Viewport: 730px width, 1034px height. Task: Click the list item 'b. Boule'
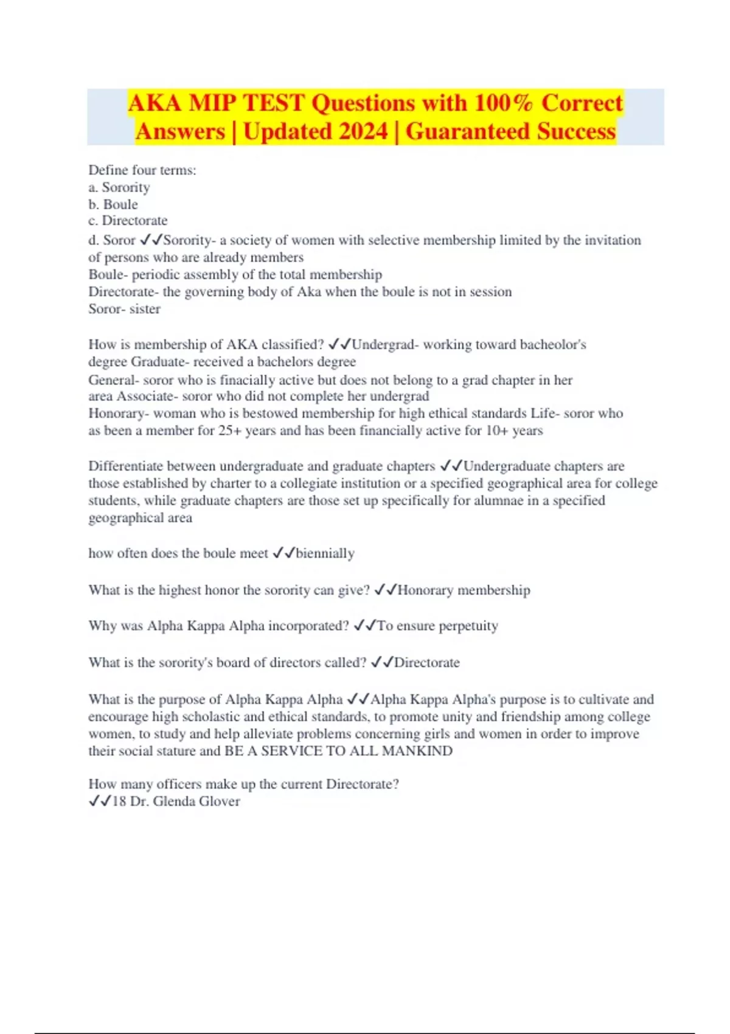[113, 204]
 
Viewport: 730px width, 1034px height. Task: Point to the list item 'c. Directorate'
[128, 221]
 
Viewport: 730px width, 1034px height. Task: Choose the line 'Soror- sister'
[124, 309]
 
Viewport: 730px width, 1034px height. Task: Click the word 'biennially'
[325, 553]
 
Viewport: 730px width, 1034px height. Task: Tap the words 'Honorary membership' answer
[464, 590]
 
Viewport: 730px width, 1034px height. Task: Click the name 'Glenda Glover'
[196, 802]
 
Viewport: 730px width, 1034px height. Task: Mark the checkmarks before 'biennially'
[283, 553]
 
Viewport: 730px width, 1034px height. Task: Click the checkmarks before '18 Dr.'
[100, 802]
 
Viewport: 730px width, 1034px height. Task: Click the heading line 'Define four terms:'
[142, 170]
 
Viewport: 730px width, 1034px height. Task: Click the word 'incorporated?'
[309, 626]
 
